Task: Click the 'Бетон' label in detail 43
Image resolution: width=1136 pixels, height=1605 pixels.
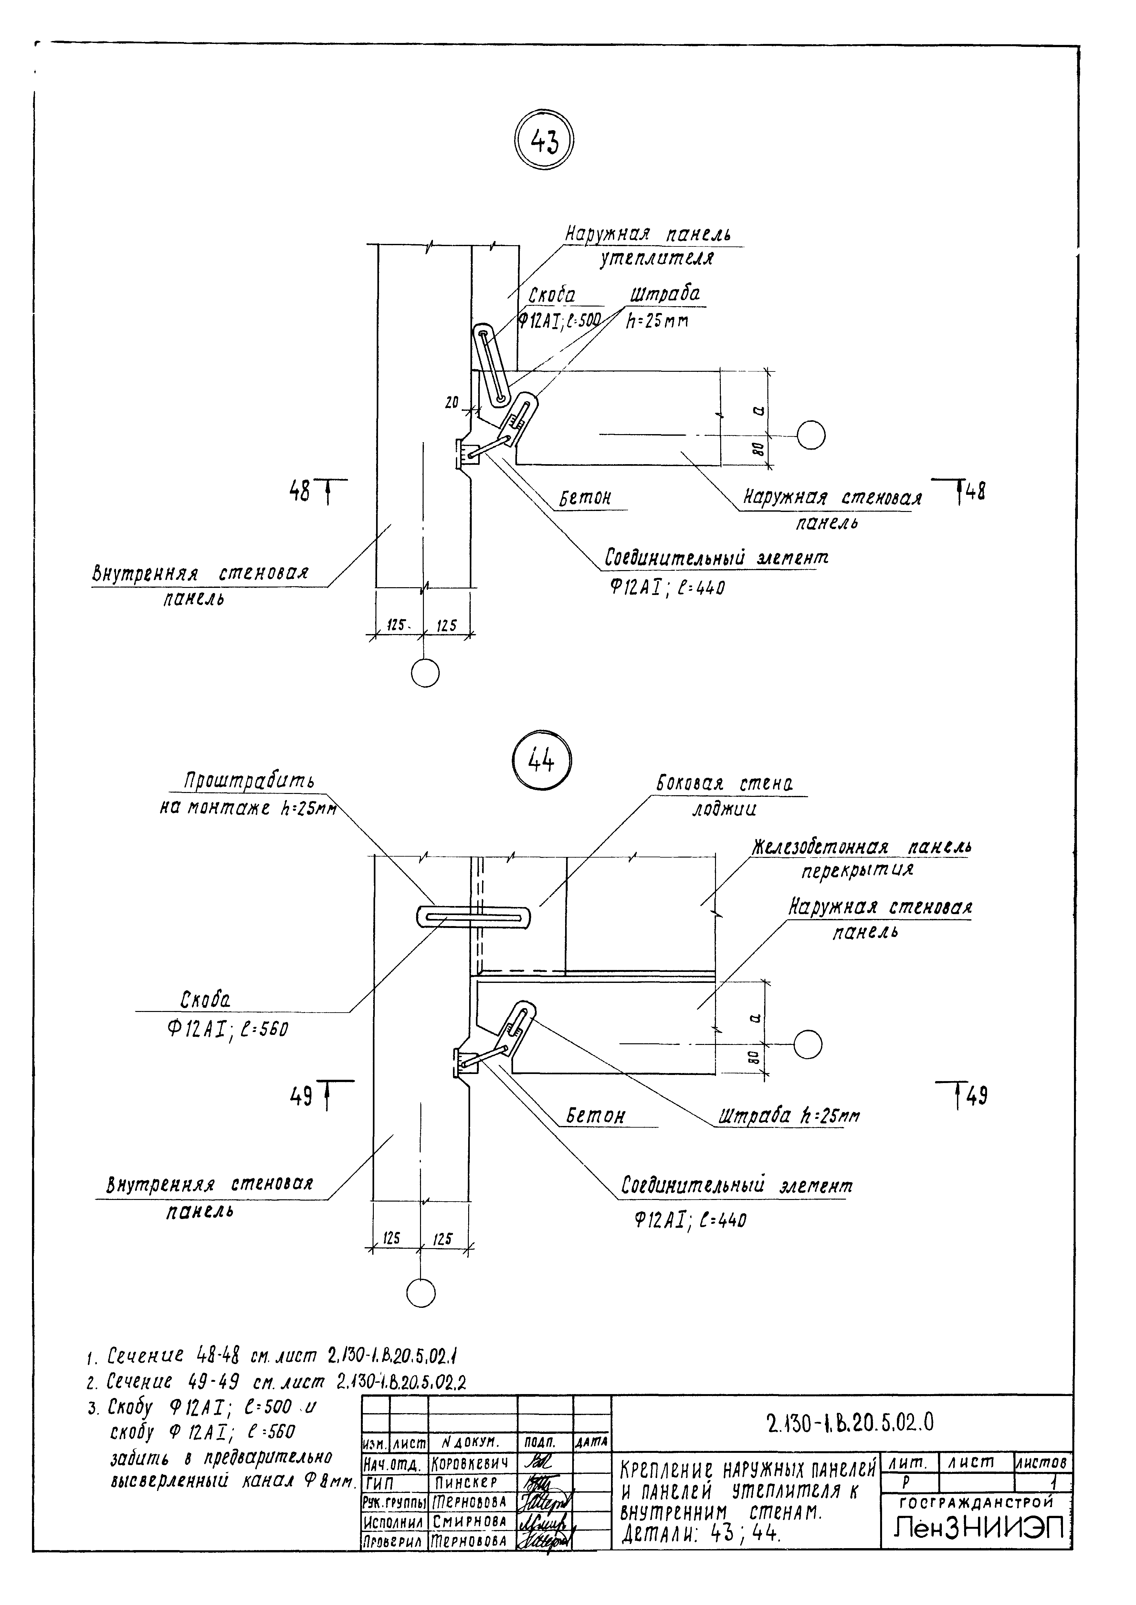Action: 585,498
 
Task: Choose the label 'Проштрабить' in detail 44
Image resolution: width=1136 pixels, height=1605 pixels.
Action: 249,780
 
